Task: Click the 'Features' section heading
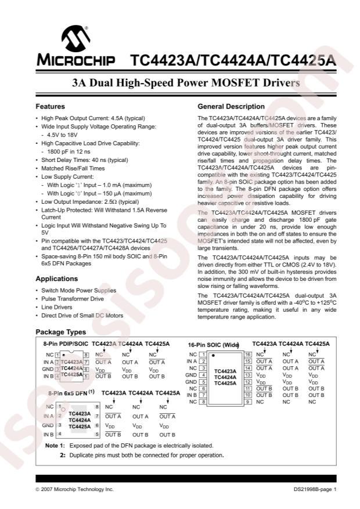pyautogui.click(x=50, y=107)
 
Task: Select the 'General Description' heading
pyautogui.click(x=231, y=107)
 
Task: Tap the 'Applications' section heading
pyautogui.click(x=57, y=279)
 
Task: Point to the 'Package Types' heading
pyautogui.click(x=60, y=333)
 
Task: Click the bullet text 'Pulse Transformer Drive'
pyautogui.click(x=73, y=298)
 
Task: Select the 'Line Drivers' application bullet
pyautogui.click(x=57, y=307)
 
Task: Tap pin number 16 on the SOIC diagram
pyautogui.click(x=247, y=354)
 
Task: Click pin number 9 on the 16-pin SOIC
pyautogui.click(x=247, y=402)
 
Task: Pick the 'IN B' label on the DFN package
pyautogui.click(x=48, y=434)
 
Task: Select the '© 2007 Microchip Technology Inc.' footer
pyautogui.click(x=74, y=490)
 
